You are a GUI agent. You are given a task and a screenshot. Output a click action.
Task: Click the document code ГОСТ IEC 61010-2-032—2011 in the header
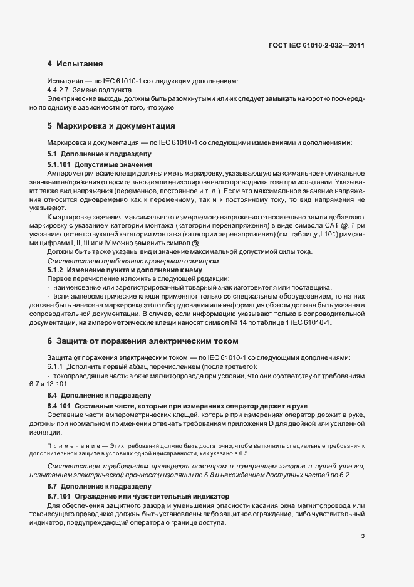tap(316, 46)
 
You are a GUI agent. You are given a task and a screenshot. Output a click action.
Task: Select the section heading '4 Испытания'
tap(75, 64)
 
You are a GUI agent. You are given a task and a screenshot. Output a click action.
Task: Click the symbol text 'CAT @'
tap(341, 225)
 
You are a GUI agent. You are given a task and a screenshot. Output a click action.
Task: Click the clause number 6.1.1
tap(57, 366)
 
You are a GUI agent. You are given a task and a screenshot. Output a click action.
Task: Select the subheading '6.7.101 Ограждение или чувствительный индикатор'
tap(138, 496)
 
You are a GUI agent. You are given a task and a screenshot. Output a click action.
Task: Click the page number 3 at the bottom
tap(363, 536)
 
